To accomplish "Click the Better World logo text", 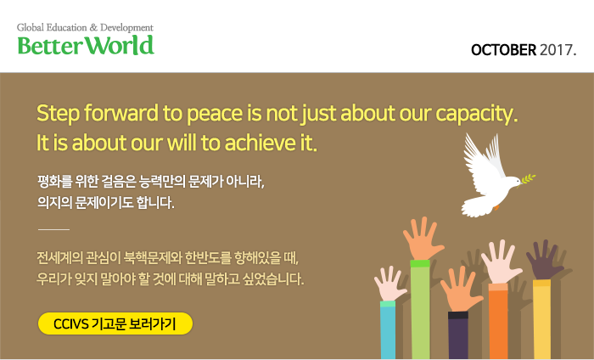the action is [86, 45].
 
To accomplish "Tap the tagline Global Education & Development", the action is [85, 27].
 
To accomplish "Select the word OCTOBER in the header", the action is [503, 50].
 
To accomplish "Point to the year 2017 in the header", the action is [556, 50].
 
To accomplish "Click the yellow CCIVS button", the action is [115, 323].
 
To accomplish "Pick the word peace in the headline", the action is [215, 114].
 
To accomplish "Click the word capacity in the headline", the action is [476, 114].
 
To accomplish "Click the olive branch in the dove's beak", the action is [528, 179].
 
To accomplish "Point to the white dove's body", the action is [489, 185].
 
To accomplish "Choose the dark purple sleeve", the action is [458, 336].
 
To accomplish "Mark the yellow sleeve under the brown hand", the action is [541, 320].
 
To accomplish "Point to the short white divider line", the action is [53, 229].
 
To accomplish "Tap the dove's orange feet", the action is [496, 207].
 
